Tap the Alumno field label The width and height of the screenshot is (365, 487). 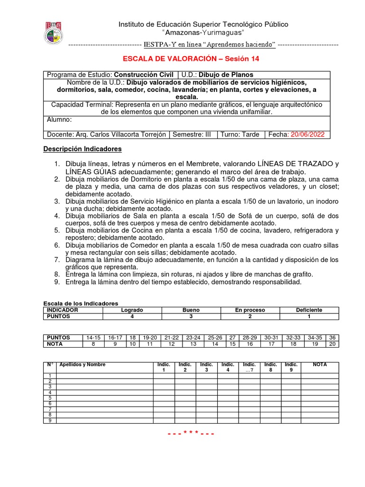click(x=58, y=120)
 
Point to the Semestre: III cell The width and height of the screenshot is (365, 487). click(x=192, y=135)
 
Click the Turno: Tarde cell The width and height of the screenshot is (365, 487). click(x=240, y=135)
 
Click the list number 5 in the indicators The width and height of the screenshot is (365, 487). click(x=56, y=230)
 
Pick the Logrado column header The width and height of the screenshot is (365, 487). click(x=132, y=310)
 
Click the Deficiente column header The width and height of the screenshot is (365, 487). click(x=309, y=310)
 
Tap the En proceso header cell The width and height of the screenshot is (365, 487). click(x=250, y=310)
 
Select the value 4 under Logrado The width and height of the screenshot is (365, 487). click(x=132, y=316)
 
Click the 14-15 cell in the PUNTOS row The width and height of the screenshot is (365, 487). click(x=93, y=337)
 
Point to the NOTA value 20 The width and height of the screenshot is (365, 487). click(x=332, y=344)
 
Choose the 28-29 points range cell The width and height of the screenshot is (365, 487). click(x=250, y=337)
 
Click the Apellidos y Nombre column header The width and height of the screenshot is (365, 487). click(x=82, y=365)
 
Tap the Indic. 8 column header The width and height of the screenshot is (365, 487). click(x=271, y=367)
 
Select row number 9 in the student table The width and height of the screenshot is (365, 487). click(x=49, y=420)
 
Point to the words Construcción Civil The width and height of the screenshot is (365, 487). click(x=144, y=75)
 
